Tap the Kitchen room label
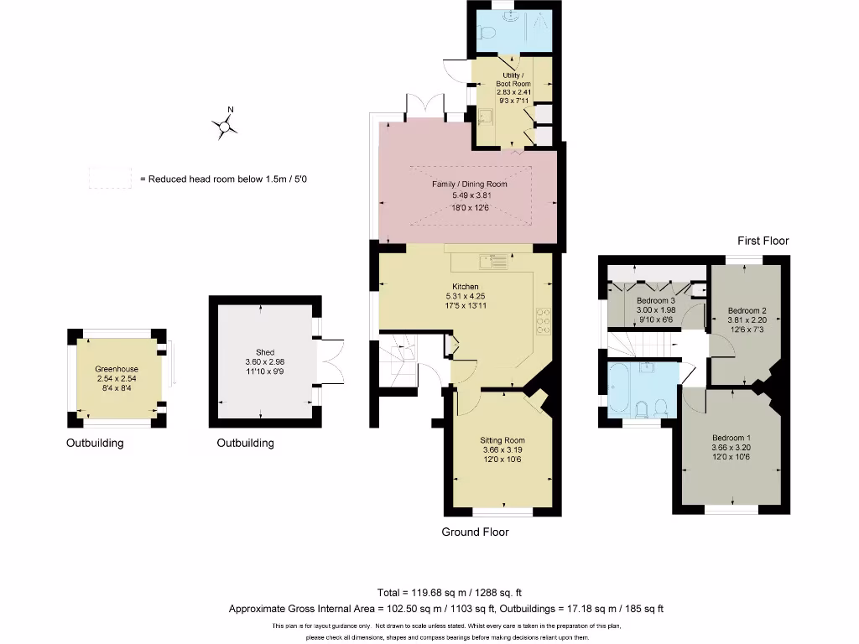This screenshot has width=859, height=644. (x=466, y=287)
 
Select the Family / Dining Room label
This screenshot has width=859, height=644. (x=469, y=184)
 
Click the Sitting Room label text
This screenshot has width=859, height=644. (x=502, y=440)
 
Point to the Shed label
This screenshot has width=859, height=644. (x=265, y=353)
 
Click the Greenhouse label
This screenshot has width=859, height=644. (x=117, y=369)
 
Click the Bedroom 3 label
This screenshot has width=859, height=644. (x=656, y=301)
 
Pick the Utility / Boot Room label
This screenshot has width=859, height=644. (x=513, y=80)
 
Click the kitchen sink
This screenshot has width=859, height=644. (x=493, y=262)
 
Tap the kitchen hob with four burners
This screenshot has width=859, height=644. (x=543, y=320)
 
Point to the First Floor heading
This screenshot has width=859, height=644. (x=763, y=241)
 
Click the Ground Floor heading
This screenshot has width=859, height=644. (x=475, y=532)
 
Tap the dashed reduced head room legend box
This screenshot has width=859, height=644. (x=110, y=178)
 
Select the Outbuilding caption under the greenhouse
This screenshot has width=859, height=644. (x=95, y=443)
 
